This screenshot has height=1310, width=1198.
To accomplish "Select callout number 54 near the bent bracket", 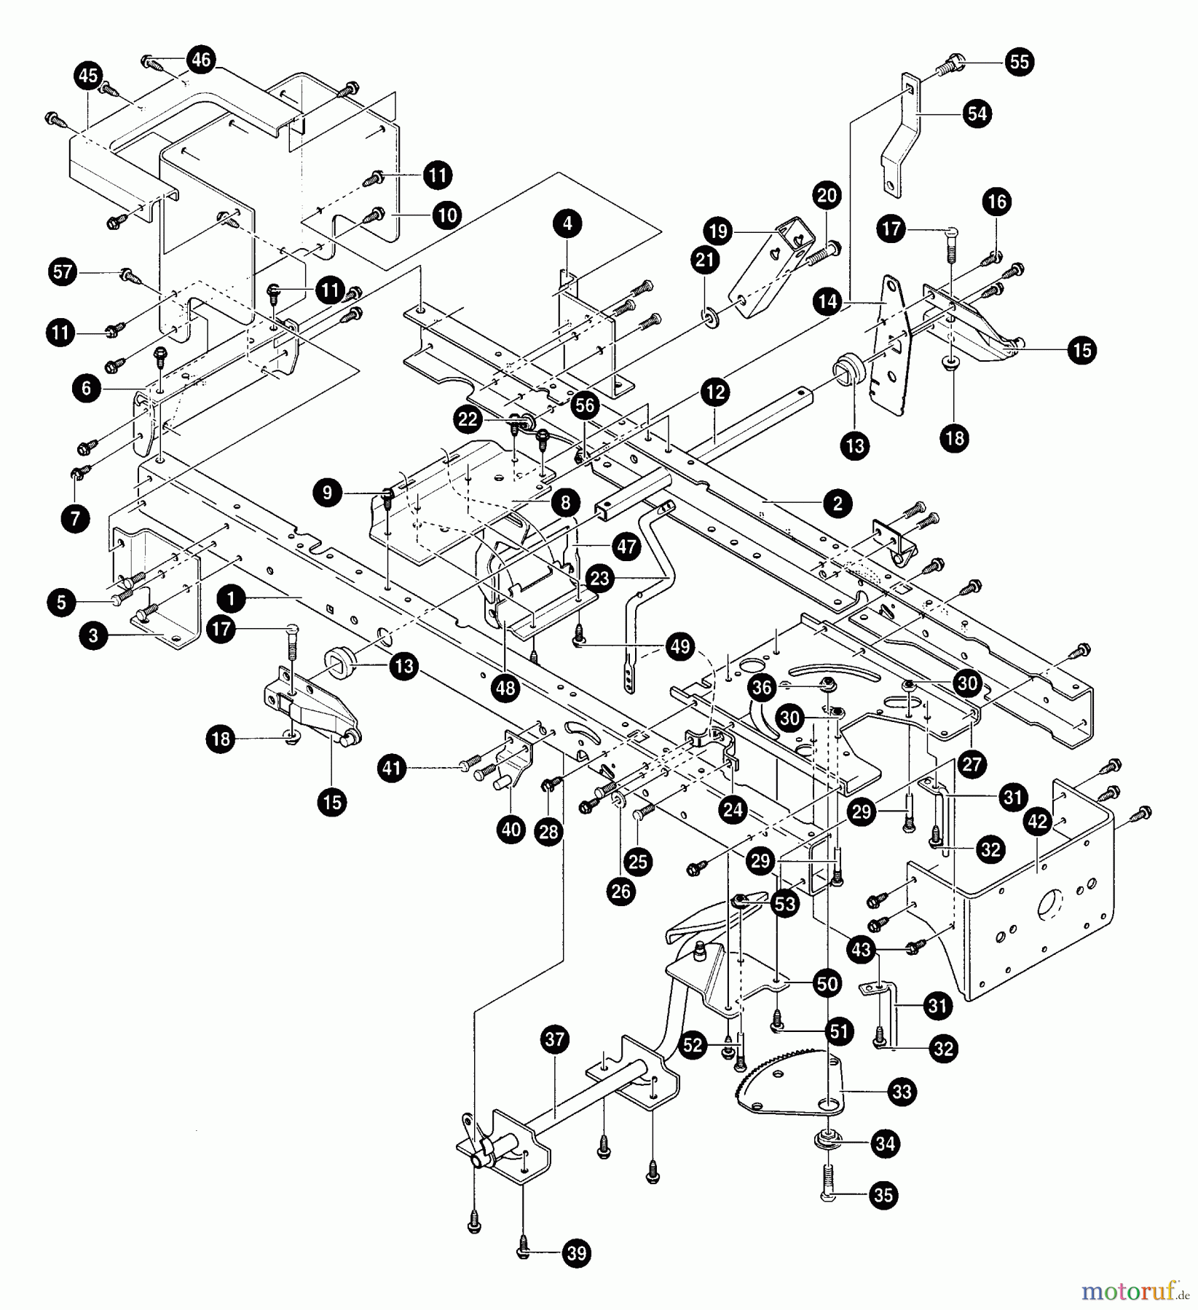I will (977, 114).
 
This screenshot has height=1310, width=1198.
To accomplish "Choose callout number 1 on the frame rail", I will (231, 600).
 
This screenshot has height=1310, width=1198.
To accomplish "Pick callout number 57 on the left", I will (63, 272).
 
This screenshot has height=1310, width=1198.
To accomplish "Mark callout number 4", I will (567, 223).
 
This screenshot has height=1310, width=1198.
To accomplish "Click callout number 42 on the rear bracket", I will (1037, 822).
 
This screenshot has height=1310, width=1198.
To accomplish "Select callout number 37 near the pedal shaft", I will (554, 1039).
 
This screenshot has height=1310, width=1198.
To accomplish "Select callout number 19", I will (718, 231).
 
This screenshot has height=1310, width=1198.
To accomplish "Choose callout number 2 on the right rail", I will (837, 503).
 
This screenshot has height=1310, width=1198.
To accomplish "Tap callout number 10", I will (446, 215).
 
